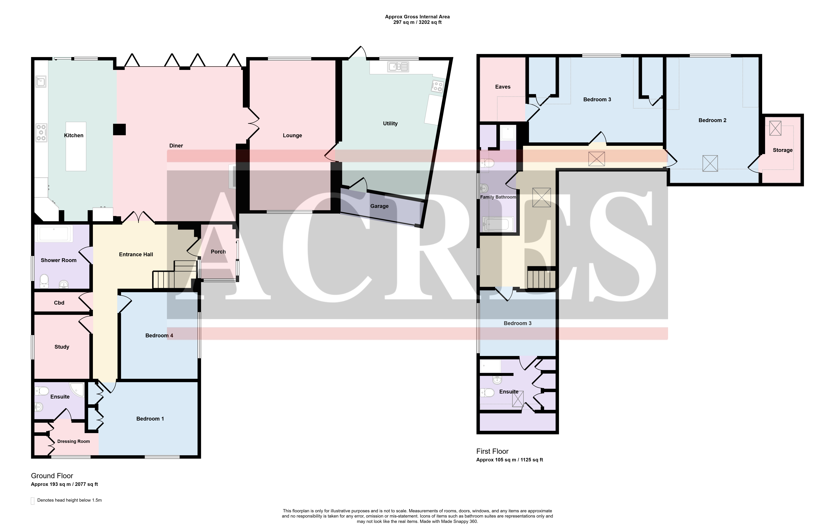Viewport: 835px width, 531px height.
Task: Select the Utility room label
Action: [x=390, y=123]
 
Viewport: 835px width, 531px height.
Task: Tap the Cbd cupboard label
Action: [x=59, y=303]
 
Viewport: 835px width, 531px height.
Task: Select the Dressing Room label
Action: [x=73, y=441]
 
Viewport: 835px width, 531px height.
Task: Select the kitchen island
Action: [x=76, y=146]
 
